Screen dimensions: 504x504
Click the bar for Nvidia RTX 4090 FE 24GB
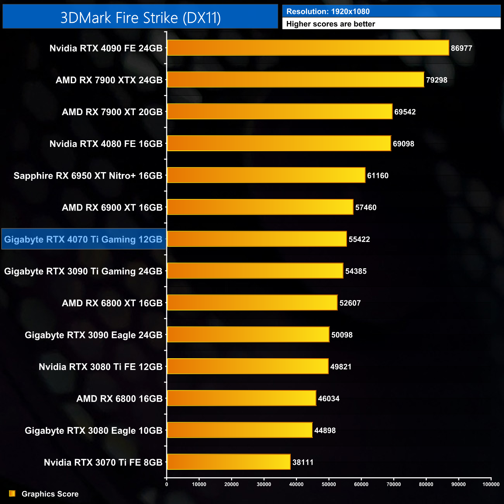[x=308, y=48]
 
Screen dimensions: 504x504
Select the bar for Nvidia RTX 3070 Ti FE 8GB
[x=229, y=462]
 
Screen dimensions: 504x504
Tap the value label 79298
[x=437, y=80]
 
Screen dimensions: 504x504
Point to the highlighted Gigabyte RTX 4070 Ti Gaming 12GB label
[x=83, y=239]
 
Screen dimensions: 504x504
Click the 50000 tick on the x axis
[x=329, y=484]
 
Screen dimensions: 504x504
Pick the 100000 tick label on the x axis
[x=491, y=484]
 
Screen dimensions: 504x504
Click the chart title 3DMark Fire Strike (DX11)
[x=140, y=18]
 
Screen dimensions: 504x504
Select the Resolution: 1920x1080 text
[x=328, y=12]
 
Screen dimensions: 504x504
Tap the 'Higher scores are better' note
[x=331, y=24]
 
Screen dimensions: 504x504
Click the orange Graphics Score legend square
[x=12, y=494]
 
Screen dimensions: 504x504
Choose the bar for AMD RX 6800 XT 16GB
[x=252, y=303]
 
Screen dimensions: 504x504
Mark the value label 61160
[x=378, y=176]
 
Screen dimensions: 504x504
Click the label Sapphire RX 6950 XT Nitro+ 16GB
[x=88, y=176]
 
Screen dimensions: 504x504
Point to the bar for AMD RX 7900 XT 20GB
[x=280, y=112]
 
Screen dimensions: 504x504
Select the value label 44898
[x=325, y=430]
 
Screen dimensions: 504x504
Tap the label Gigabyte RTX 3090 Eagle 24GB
[x=93, y=335]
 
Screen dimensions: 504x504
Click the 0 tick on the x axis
[x=167, y=484]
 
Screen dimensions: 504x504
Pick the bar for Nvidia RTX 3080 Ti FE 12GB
[x=248, y=366]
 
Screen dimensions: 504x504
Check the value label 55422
[x=359, y=239]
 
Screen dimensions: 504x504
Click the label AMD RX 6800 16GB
[x=119, y=399]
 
